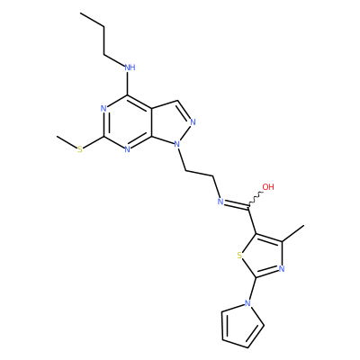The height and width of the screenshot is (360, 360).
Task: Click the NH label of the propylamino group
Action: [130, 67]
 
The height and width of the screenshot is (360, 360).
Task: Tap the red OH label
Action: [268, 187]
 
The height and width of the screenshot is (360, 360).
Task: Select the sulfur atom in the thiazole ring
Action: [239, 256]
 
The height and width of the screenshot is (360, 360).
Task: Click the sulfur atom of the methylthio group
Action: [79, 149]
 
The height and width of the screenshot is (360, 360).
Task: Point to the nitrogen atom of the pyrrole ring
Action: [247, 303]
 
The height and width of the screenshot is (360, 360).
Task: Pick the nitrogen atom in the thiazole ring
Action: [282, 268]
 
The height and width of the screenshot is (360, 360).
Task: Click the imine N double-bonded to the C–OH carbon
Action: [220, 202]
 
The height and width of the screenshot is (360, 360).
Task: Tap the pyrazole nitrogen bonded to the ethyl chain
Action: [177, 144]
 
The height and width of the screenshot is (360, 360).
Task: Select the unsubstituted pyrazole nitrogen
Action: [193, 122]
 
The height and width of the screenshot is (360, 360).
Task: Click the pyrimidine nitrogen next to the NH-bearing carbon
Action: [103, 108]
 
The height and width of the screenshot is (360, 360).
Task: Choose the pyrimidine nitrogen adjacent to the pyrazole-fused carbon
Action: [127, 149]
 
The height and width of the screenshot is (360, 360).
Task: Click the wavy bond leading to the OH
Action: [256, 199]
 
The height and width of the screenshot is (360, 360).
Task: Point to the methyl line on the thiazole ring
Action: [292, 233]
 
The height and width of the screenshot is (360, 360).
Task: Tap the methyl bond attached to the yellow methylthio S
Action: [67, 141]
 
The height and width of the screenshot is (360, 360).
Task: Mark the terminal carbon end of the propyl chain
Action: [80, 13]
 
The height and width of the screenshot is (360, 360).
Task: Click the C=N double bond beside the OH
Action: [237, 204]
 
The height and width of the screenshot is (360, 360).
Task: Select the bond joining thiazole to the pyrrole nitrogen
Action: [252, 288]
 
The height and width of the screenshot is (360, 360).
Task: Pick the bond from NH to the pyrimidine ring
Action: [128, 84]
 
